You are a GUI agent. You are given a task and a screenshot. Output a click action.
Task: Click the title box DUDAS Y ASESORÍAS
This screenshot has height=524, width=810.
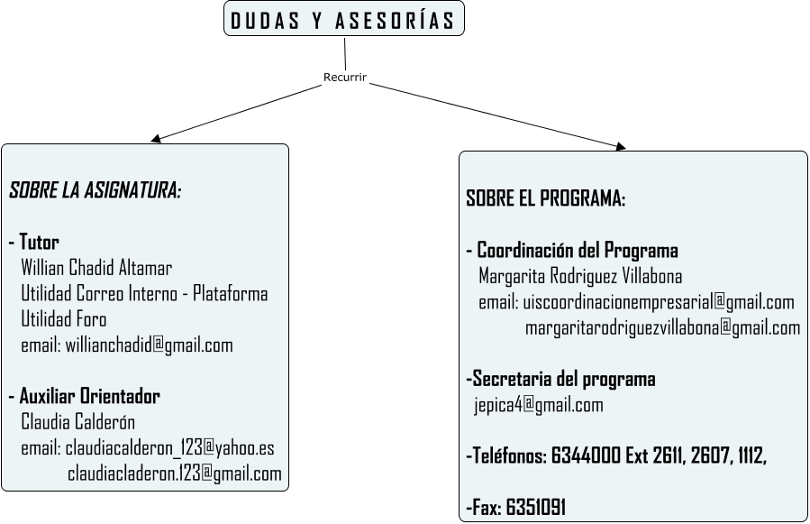click(x=343, y=21)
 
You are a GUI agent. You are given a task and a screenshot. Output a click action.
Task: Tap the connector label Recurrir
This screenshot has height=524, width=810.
click(x=345, y=78)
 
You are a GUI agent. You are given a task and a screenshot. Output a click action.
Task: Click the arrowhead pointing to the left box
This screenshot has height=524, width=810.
click(x=157, y=139)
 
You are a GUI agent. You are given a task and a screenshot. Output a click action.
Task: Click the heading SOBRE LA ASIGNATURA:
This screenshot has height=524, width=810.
click(x=95, y=191)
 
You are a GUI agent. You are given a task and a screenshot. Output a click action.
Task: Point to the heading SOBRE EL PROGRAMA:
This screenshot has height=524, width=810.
click(x=545, y=199)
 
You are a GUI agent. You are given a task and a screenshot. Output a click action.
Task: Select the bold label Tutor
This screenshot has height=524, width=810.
click(x=39, y=243)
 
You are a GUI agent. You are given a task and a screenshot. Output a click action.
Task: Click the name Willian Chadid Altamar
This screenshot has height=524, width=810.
click(x=96, y=268)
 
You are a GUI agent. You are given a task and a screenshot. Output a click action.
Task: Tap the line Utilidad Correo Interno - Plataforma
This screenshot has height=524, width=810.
click(x=144, y=294)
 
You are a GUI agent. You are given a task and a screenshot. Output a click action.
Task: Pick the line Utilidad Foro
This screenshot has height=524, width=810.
click(x=63, y=319)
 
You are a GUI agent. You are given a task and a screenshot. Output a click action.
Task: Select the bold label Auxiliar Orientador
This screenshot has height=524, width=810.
click(x=89, y=397)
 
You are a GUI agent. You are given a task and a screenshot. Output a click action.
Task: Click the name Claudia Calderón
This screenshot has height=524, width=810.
click(x=77, y=422)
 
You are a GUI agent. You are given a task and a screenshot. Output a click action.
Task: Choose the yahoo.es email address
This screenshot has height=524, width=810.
click(x=169, y=448)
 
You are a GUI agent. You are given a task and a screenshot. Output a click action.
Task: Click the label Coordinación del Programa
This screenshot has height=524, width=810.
click(x=577, y=251)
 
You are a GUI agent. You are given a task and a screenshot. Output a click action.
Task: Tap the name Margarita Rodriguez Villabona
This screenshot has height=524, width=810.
click(x=580, y=276)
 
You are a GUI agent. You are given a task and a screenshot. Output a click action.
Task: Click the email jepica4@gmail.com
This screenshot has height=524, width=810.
click(x=539, y=405)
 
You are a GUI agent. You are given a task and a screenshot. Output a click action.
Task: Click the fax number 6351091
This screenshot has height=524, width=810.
click(x=535, y=508)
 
